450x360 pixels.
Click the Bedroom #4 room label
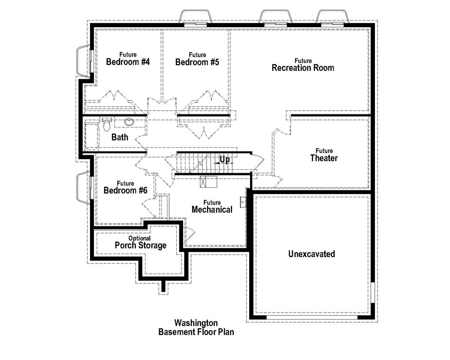pos(128,62)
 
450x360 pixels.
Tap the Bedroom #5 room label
pos(197,62)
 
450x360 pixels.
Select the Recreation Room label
pos(303,68)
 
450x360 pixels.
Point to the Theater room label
pos(324,158)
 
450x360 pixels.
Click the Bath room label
pos(120,137)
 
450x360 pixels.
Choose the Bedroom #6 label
pos(125,190)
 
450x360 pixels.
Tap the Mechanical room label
pos(212,210)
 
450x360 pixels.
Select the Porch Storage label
pos(140,245)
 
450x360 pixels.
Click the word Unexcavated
pos(312,254)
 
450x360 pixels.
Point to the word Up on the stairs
pos(225,159)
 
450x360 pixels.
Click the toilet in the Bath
pos(107,125)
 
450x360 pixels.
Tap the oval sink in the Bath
pos(130,122)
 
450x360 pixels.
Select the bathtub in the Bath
pos(91,137)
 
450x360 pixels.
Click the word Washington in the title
pos(196,323)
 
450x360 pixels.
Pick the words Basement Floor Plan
pos(196,332)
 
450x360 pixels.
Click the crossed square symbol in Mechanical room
pos(205,182)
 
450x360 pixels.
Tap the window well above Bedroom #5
pos(196,17)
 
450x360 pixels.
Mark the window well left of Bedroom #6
pos(83,188)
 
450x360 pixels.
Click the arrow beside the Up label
pos(217,163)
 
